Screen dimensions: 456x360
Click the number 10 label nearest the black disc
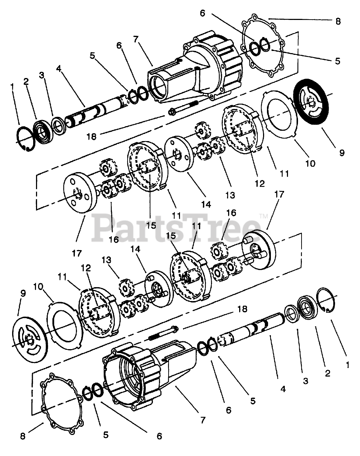coord(310,163)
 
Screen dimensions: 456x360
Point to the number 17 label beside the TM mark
coord(279,194)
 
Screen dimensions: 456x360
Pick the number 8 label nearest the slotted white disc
coord(23,436)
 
